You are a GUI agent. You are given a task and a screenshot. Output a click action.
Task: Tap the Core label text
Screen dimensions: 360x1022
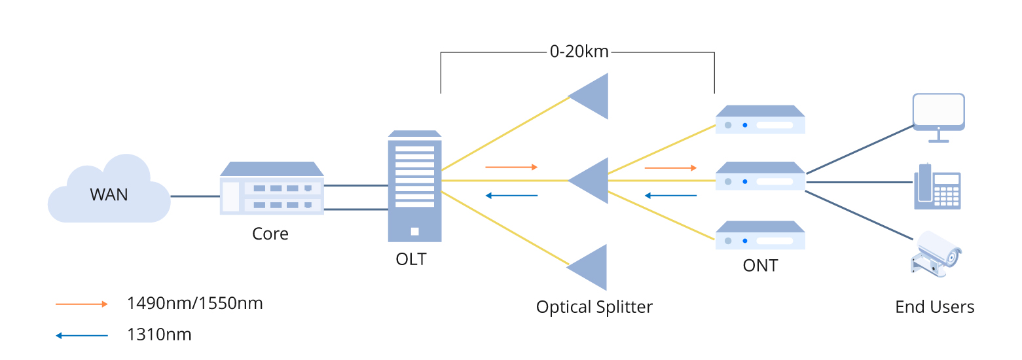click(270, 234)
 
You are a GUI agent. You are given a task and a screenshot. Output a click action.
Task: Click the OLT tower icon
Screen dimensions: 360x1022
click(414, 187)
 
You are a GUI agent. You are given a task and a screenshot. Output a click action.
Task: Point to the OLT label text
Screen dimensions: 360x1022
click(411, 259)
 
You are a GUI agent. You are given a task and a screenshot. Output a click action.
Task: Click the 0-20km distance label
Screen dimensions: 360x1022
click(579, 52)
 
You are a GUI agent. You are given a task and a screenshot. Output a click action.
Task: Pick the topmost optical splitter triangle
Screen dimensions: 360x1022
click(591, 96)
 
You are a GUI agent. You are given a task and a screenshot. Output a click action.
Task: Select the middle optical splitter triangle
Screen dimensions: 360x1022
click(591, 180)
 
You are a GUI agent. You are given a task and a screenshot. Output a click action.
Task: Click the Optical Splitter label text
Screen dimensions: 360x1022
click(594, 306)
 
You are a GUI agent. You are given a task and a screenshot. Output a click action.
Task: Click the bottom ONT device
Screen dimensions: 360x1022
click(759, 236)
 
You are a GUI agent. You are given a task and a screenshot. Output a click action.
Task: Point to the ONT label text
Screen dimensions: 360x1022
click(760, 265)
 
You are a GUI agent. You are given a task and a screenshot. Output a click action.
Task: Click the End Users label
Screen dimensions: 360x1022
click(934, 307)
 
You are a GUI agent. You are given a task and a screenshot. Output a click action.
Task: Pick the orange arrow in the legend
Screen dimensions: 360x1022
click(81, 304)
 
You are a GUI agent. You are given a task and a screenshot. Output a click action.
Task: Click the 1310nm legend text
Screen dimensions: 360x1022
click(159, 335)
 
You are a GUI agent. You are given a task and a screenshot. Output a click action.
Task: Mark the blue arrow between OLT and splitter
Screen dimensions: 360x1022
click(511, 195)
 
